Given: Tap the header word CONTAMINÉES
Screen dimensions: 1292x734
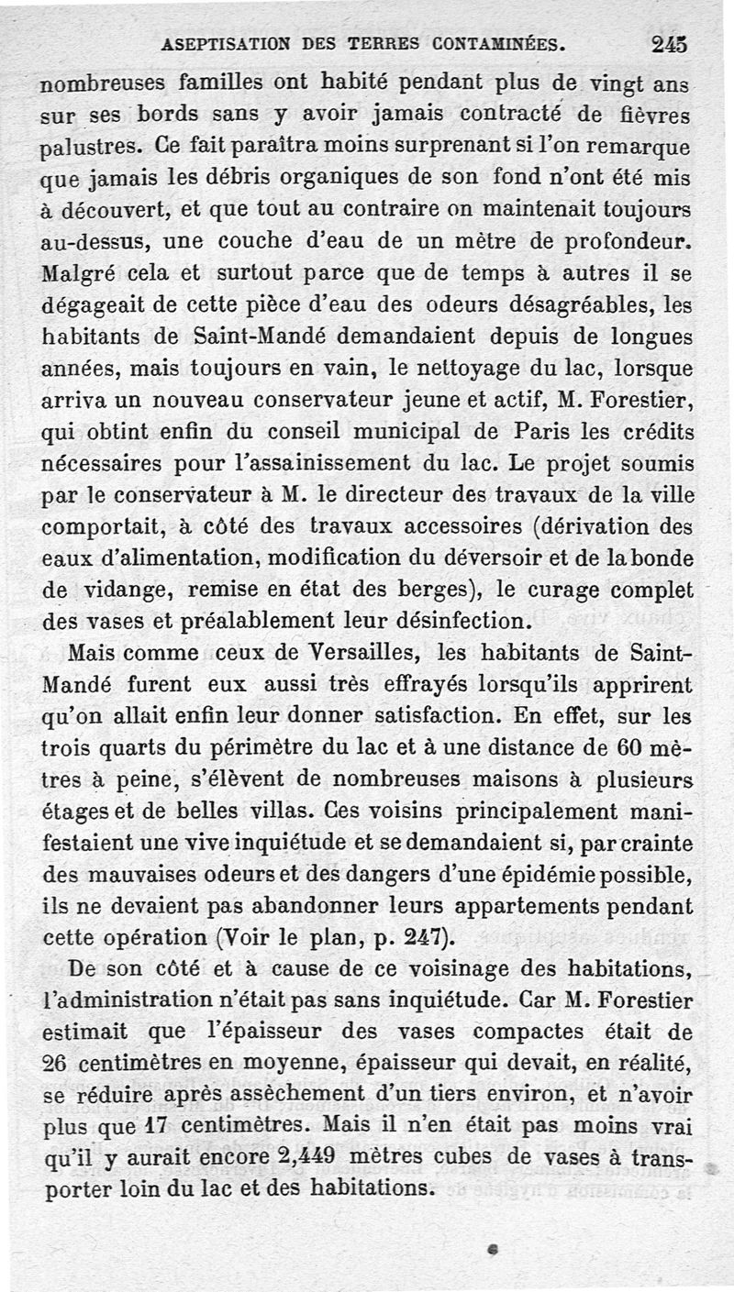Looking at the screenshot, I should click(497, 43).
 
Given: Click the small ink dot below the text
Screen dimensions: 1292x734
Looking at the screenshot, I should click(493, 1248).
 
